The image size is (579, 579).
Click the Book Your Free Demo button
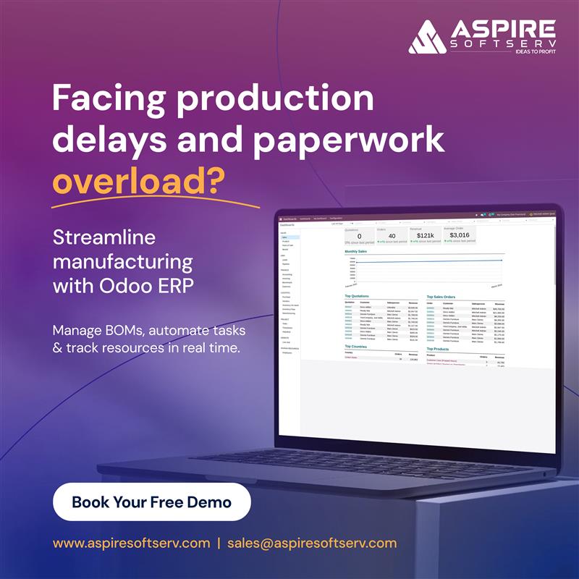151,502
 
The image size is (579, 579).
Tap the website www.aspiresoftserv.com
131,543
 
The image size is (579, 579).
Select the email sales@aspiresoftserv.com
312,543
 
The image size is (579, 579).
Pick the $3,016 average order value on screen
459,234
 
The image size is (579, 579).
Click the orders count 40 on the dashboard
392,236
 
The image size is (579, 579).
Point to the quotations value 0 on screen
360,236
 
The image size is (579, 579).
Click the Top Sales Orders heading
444,296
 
